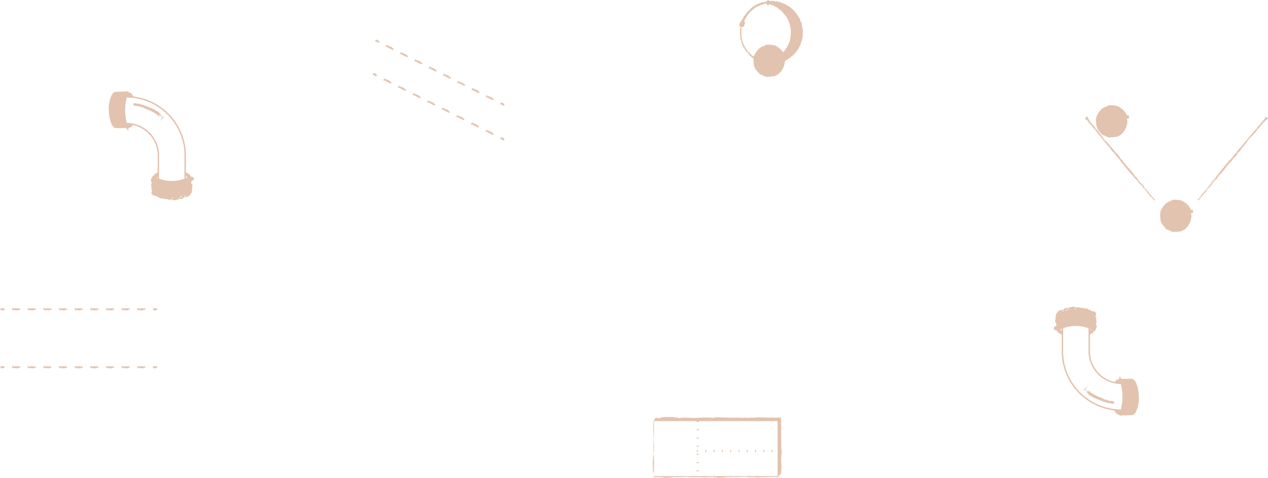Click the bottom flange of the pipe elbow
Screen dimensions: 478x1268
172,187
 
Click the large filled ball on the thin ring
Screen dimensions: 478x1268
769,60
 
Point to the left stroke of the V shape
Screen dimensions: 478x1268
1120,158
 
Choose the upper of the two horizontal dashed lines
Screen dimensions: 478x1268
79,309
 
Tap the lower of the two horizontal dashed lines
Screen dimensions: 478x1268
79,367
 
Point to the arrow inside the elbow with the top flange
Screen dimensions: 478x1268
1099,396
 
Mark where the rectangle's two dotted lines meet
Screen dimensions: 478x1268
697,450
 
